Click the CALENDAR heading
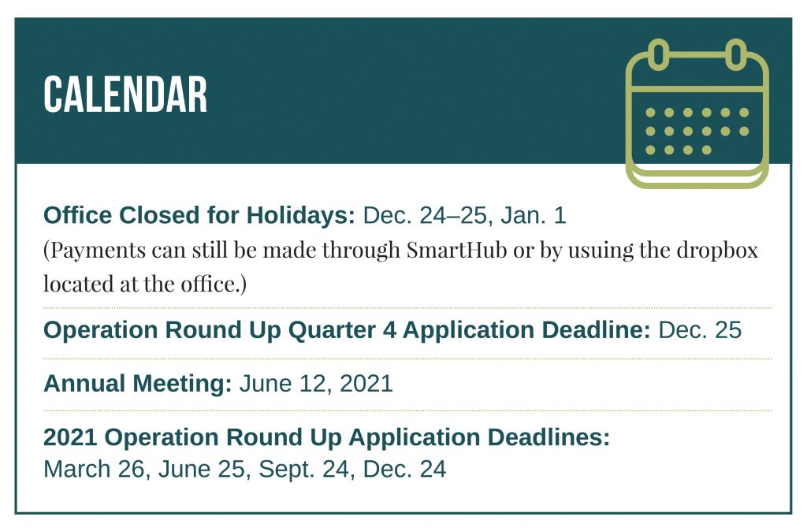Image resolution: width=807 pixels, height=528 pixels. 125,95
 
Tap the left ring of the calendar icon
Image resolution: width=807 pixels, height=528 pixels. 658,54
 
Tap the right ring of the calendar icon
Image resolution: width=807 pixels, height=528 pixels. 736,54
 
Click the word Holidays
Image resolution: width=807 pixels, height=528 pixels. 300,216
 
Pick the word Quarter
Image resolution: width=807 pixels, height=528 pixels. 332,330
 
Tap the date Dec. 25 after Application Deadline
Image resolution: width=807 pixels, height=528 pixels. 700,330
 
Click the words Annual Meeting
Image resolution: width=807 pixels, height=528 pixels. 138,384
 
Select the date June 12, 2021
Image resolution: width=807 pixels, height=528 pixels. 316,384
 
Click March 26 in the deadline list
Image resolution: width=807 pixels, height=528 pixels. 95,470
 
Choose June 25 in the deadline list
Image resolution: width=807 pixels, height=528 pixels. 201,470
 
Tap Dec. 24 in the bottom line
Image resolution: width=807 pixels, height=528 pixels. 404,470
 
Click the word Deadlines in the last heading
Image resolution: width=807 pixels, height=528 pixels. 549,437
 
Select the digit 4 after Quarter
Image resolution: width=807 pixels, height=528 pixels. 389,330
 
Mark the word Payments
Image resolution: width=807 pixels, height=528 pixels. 98,251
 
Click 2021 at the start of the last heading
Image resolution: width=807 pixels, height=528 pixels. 70,437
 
